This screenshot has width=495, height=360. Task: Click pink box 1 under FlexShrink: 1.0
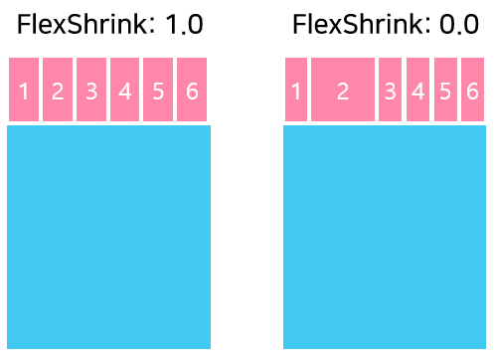pyautogui.click(x=24, y=90)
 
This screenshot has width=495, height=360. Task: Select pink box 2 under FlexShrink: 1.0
pyautogui.click(x=58, y=90)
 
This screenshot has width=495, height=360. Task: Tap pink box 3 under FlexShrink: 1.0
pyautogui.click(x=91, y=90)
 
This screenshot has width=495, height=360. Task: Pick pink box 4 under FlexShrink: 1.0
pyautogui.click(x=124, y=90)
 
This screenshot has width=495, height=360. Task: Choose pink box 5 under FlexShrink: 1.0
pyautogui.click(x=158, y=90)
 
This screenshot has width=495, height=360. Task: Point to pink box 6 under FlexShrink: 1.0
pyautogui.click(x=192, y=90)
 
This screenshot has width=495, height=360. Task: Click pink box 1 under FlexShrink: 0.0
pyautogui.click(x=296, y=90)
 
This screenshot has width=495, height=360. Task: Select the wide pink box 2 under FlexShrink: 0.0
pyautogui.click(x=343, y=90)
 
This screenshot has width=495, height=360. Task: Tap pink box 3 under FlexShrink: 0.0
pyautogui.click(x=390, y=90)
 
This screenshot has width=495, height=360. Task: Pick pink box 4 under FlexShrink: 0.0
pyautogui.click(x=417, y=90)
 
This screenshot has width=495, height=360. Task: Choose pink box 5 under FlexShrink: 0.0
pyautogui.click(x=445, y=90)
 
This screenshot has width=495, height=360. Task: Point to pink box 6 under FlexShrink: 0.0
pyautogui.click(x=472, y=90)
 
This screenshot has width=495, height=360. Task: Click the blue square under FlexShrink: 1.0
pyautogui.click(x=109, y=237)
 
